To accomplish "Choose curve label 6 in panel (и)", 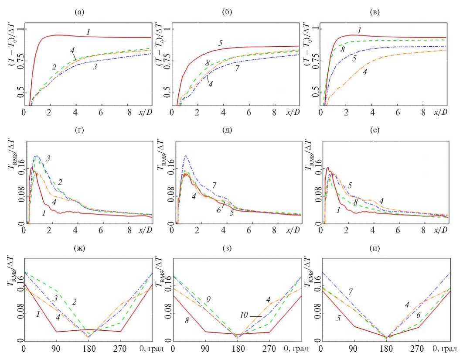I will (x=419, y=315).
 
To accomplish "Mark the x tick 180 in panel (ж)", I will (x=89, y=349).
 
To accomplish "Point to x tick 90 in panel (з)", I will (x=204, y=349).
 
